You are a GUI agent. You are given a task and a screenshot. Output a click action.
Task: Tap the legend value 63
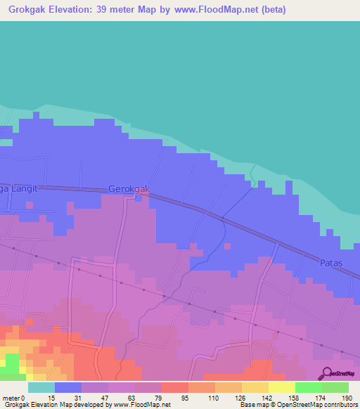131,398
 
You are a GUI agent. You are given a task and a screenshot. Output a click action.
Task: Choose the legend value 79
158,398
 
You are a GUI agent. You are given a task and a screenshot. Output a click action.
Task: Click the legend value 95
185,398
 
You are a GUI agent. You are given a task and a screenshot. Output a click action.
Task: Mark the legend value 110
212,398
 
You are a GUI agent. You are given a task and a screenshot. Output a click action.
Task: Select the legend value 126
239,398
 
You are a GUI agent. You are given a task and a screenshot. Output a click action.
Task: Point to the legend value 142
266,398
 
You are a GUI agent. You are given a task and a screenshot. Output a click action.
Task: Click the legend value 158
292,398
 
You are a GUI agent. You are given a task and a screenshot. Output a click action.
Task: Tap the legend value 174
319,398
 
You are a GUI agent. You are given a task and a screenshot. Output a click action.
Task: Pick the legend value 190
346,398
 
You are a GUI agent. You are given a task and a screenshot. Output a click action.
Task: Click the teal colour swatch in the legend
41,387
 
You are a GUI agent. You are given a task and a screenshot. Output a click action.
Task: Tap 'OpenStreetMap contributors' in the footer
314,405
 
